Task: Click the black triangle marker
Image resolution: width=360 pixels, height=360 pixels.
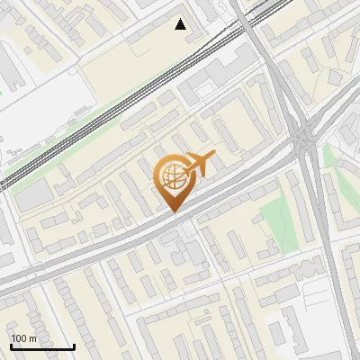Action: [x=181, y=24]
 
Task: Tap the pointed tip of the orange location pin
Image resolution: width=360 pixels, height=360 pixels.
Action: [x=172, y=212]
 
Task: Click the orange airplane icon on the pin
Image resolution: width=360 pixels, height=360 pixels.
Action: [x=200, y=164]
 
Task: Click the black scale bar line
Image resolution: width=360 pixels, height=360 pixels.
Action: [x=42, y=346]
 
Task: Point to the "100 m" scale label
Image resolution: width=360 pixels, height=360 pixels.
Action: [x=24, y=337]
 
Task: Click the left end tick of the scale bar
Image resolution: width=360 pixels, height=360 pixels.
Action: [x=11, y=345]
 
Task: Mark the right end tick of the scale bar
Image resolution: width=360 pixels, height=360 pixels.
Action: [x=74, y=345]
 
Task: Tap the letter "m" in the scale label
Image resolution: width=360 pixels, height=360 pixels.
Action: [x=32, y=337]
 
